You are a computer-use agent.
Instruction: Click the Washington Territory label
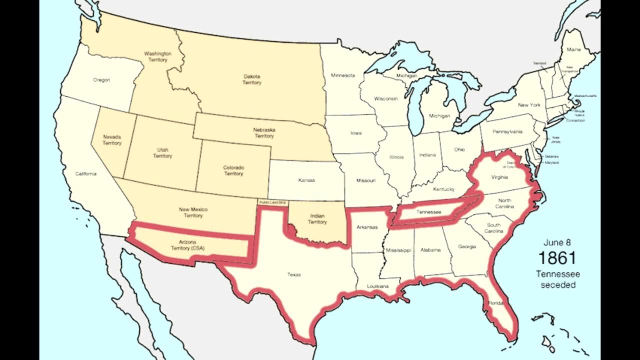click(157, 56)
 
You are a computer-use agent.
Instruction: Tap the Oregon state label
click(101, 80)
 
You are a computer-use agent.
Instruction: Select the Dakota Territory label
click(252, 79)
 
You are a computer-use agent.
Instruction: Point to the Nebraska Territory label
click(264, 132)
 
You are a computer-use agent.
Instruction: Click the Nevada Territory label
click(112, 139)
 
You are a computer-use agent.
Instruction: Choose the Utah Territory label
click(162, 153)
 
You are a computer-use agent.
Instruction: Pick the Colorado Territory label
click(233, 170)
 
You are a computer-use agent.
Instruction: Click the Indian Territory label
click(317, 218)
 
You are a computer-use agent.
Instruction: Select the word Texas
click(294, 274)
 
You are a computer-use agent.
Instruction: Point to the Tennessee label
click(428, 212)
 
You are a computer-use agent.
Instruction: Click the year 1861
click(557, 258)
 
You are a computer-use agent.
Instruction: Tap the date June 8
click(557, 242)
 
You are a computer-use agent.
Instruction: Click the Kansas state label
click(306, 180)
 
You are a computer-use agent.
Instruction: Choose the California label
click(86, 173)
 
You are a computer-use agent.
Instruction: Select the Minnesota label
click(342, 75)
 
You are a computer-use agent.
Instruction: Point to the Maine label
click(573, 50)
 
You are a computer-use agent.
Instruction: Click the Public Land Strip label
click(272, 202)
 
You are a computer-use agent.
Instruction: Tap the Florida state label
click(496, 303)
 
